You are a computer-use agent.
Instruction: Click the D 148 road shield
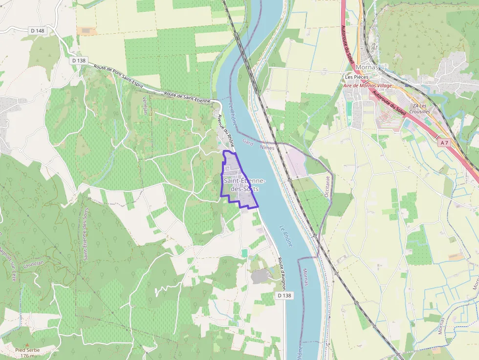(37, 30)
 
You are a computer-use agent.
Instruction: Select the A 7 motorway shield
(443, 143)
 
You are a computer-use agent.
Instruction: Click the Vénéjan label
(145, 105)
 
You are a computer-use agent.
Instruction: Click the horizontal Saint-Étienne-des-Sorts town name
(244, 184)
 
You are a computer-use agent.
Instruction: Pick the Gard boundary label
(248, 143)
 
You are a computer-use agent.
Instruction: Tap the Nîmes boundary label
(267, 147)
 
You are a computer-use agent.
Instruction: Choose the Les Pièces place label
(356, 77)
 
